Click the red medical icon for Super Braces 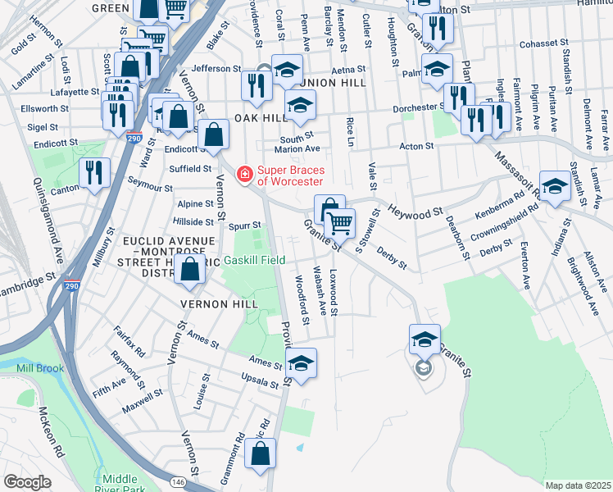[243, 174]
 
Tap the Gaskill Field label [255, 260]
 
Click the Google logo [27, 482]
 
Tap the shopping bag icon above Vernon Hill [190, 270]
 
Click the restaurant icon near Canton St [94, 173]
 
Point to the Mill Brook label [40, 368]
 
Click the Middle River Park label [121, 484]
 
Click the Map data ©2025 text [577, 485]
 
